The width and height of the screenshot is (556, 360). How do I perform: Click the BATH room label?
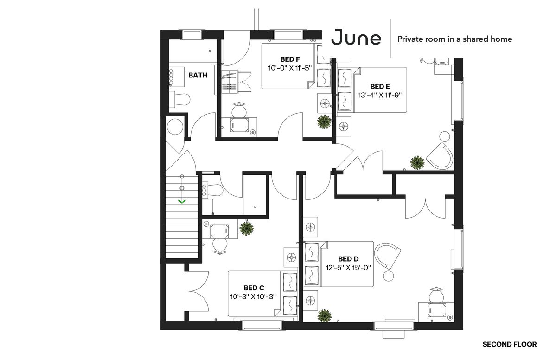(198, 75)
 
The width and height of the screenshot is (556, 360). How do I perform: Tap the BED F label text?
(290, 59)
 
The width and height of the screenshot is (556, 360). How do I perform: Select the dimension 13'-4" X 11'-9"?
(380, 95)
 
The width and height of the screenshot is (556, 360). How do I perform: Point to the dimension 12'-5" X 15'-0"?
(348, 267)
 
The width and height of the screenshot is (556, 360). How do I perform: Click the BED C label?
(254, 288)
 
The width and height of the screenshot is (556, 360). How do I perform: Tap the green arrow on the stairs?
(182, 201)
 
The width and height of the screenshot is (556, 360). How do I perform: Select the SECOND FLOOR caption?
(510, 344)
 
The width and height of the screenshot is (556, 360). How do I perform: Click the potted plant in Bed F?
(324, 122)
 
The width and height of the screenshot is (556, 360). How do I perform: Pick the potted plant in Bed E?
(417, 162)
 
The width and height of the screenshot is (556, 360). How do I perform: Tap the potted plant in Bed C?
(246, 228)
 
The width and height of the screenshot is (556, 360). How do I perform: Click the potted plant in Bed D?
(324, 315)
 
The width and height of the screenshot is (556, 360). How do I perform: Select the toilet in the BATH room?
(179, 99)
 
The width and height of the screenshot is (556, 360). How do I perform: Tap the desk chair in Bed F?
(239, 110)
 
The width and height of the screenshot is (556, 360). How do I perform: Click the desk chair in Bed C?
(220, 245)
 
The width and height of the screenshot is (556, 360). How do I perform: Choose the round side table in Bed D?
(389, 276)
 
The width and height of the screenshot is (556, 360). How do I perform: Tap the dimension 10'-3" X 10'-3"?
(253, 296)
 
